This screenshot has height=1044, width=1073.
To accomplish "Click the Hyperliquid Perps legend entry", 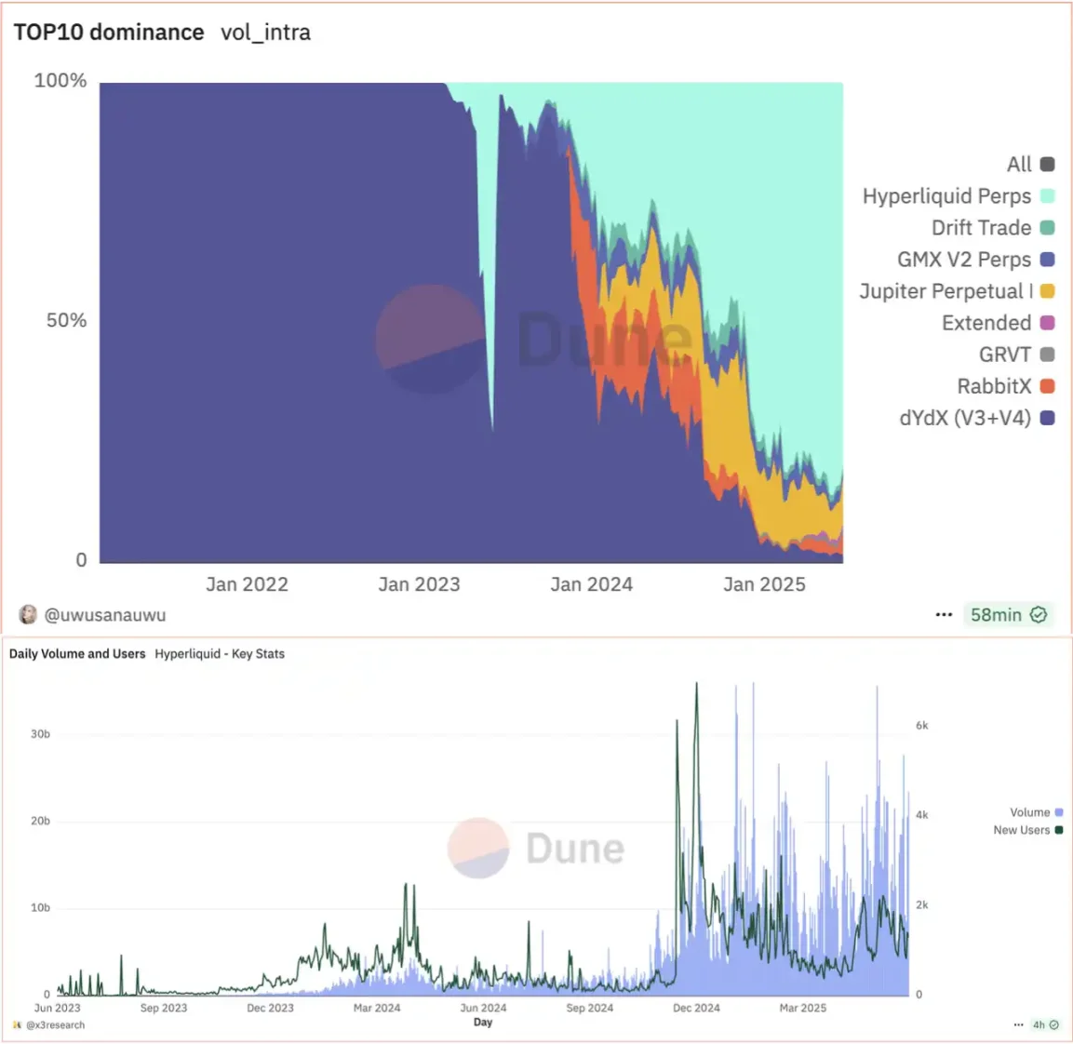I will click(946, 196).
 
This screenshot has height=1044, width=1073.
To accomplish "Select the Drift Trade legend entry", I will click(981, 228).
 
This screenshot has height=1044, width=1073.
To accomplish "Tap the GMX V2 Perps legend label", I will click(963, 260).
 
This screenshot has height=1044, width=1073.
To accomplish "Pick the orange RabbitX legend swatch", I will click(1047, 386).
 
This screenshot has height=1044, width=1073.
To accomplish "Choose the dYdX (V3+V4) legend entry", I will click(965, 418).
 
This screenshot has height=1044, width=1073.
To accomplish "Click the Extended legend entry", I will click(986, 323).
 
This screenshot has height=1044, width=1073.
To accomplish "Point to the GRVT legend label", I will click(1004, 355).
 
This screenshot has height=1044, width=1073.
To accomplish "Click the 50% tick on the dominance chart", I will click(66, 320).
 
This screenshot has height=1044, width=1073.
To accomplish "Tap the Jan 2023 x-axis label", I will click(419, 584).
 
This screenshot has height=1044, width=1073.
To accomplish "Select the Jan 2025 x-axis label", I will click(764, 584).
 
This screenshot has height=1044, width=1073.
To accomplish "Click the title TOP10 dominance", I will click(109, 33).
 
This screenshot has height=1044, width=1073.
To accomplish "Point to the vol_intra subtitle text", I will click(265, 33).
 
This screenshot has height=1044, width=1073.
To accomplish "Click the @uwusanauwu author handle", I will click(105, 615).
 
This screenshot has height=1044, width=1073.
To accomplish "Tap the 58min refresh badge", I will click(1008, 615).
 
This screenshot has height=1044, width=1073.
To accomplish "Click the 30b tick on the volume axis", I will click(40, 734).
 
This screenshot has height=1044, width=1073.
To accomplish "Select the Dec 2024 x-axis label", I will click(696, 1008).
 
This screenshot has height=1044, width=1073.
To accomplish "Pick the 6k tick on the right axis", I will click(921, 726).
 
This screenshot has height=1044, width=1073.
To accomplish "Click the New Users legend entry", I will click(1021, 830).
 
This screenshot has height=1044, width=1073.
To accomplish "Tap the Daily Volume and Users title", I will click(77, 654).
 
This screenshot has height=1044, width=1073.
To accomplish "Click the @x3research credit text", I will click(55, 1025).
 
